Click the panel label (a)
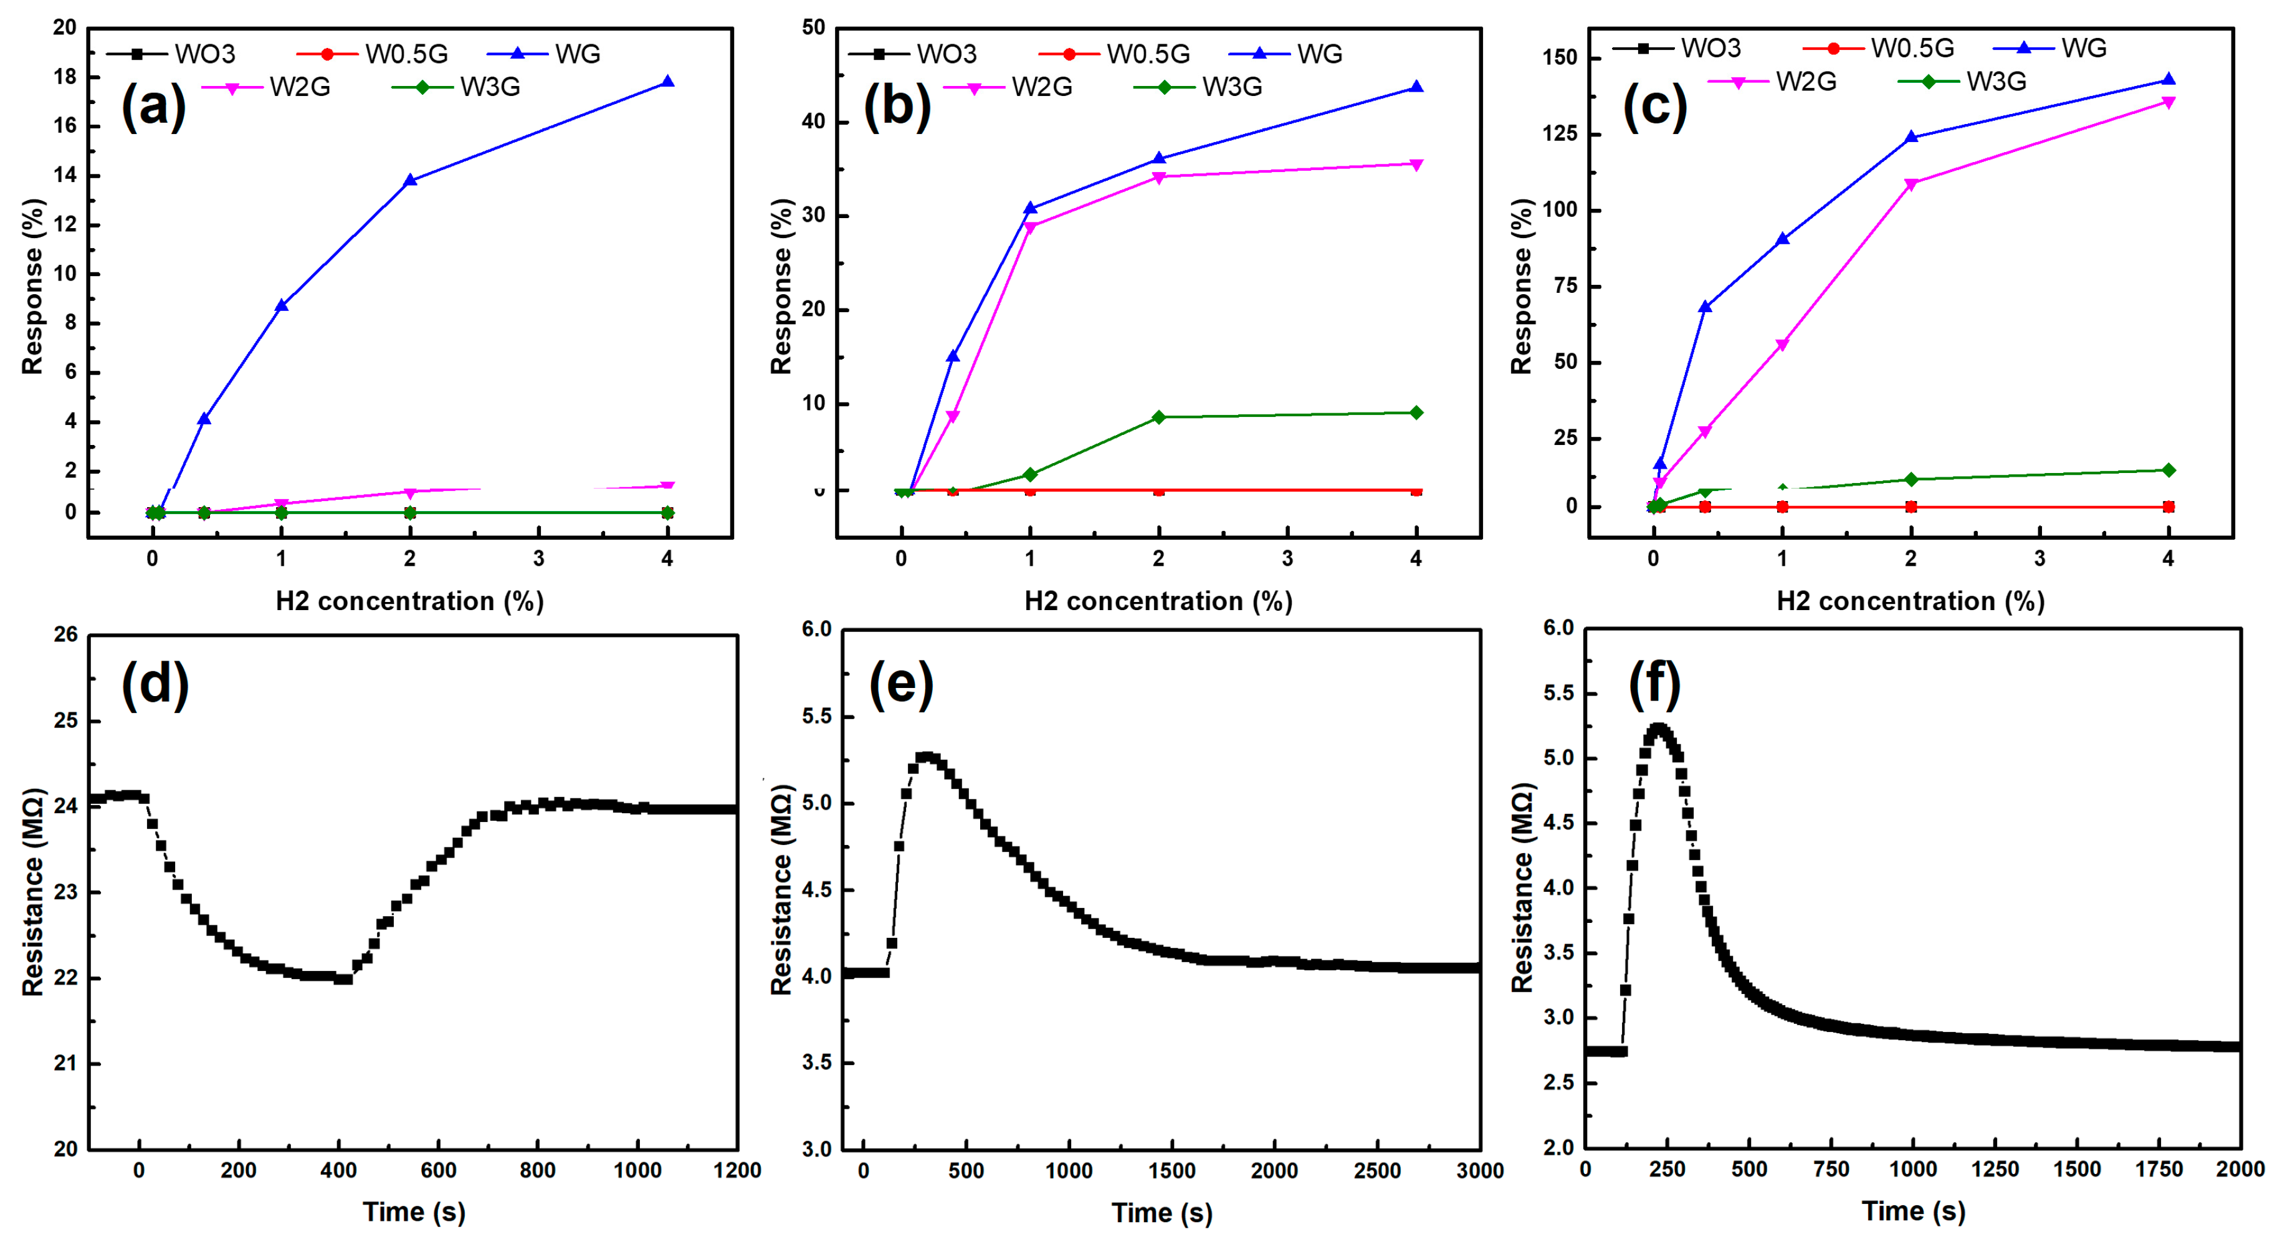point(154,106)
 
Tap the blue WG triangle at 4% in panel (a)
point(667,82)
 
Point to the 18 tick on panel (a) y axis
point(65,77)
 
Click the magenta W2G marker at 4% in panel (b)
point(1416,165)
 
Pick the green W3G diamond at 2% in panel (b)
point(1158,417)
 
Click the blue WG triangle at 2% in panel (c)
point(1911,136)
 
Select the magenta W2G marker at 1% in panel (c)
point(1782,345)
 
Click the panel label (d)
point(155,684)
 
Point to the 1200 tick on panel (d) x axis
point(737,1170)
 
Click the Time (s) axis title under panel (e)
point(1161,1212)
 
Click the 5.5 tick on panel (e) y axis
point(816,716)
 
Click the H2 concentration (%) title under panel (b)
point(1158,602)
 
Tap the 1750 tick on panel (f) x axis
point(2158,1170)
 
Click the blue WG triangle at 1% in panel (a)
point(282,305)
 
